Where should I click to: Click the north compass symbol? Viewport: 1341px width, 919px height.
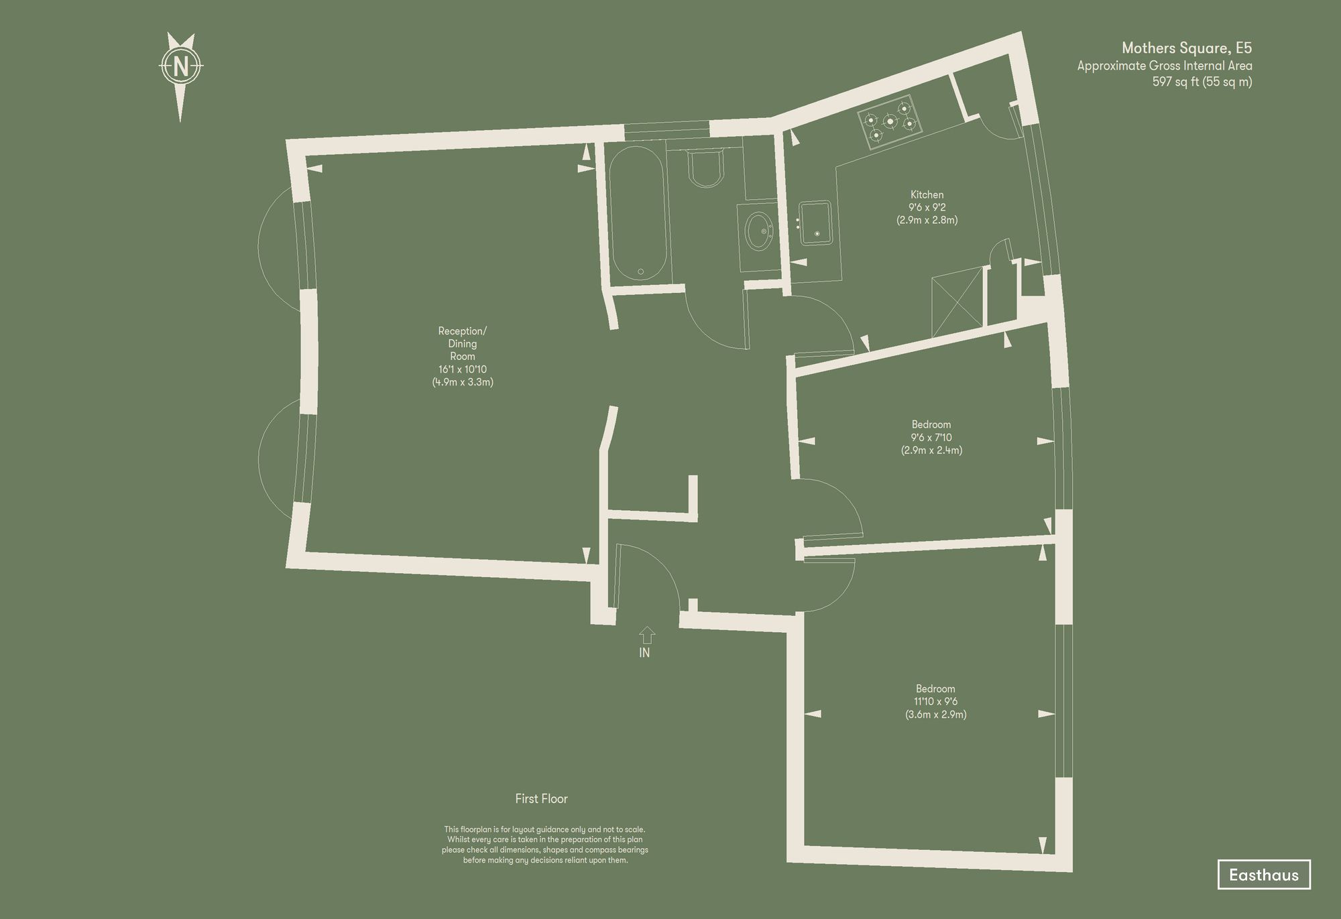180,67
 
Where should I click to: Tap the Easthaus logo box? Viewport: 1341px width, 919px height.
1263,875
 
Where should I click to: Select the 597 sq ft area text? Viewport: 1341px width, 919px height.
1202,82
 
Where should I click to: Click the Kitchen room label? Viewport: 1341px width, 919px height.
927,195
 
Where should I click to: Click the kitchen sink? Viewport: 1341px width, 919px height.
816,223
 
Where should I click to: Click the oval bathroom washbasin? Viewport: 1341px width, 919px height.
759,231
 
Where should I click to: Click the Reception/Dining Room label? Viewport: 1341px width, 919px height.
463,343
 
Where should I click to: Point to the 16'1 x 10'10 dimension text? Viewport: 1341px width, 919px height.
463,369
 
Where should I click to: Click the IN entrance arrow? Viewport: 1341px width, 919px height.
646,635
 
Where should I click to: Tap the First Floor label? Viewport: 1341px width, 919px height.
541,799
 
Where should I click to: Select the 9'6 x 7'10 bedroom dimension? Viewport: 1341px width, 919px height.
931,438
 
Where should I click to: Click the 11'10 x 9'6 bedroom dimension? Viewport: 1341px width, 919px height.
935,702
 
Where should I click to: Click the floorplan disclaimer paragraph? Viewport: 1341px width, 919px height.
544,845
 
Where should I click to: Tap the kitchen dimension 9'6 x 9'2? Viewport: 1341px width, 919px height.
927,208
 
